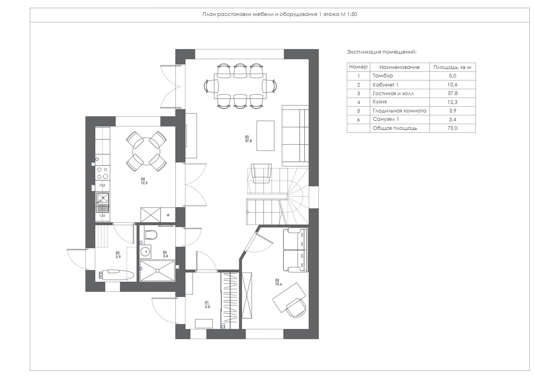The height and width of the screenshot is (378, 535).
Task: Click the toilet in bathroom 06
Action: (151, 234)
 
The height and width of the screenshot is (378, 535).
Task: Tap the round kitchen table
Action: (146, 151)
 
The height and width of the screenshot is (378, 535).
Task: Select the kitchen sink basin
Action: (103, 198)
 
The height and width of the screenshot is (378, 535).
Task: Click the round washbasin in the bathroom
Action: (145, 251)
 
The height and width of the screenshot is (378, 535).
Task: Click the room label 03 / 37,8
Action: (248, 139)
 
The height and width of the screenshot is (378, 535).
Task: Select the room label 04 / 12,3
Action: (144, 181)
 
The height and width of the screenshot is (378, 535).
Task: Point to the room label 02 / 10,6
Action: (278, 282)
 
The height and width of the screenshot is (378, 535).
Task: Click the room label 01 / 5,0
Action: (207, 305)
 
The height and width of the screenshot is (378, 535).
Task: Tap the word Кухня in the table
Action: (379, 102)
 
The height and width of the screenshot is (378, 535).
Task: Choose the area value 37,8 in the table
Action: (453, 93)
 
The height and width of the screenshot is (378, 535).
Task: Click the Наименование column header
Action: (399, 67)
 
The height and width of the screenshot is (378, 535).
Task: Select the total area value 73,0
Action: (453, 128)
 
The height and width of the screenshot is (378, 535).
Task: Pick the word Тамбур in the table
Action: (383, 76)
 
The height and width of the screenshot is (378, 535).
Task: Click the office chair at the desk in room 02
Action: (296, 308)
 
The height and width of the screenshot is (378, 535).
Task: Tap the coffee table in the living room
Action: (265, 136)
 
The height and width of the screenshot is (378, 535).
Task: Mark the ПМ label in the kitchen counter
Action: (102, 186)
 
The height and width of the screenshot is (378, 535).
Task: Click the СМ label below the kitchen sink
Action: (102, 216)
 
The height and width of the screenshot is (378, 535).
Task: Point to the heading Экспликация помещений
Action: (382, 52)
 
